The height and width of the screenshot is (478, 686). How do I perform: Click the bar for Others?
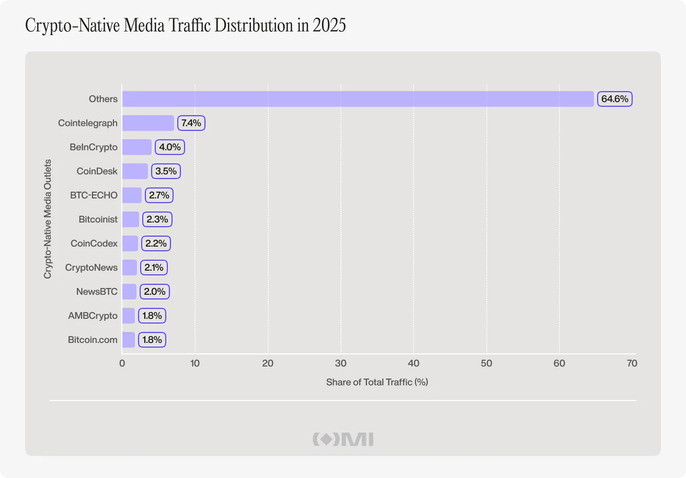(x=358, y=99)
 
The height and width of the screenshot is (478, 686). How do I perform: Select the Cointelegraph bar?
(x=148, y=123)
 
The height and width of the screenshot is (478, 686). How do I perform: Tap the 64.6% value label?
(x=615, y=99)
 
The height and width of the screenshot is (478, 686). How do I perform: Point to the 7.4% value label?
(x=191, y=123)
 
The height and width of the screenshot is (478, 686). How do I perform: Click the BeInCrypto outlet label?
(x=94, y=147)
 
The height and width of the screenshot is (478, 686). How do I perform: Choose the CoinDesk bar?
(x=135, y=171)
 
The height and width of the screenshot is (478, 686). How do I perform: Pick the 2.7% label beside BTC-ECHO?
(x=159, y=195)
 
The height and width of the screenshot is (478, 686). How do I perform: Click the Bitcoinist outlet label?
(x=98, y=219)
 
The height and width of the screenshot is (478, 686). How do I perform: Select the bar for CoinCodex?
(x=130, y=243)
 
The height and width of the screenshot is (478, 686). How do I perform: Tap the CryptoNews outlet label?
(x=92, y=268)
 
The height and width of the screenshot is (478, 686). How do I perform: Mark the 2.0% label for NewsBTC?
(x=155, y=292)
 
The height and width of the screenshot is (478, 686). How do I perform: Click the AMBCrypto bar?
(x=129, y=316)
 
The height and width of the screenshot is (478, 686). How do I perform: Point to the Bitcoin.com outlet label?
(x=93, y=340)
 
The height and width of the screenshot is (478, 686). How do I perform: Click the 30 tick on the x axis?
(x=341, y=363)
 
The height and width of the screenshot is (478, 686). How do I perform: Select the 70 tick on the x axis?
(x=632, y=363)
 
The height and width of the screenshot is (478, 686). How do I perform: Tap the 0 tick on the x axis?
(x=122, y=363)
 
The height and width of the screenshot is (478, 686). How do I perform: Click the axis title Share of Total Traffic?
(x=377, y=382)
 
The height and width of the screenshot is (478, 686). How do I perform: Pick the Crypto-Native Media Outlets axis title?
(x=48, y=219)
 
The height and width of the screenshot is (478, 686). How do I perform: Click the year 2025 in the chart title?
(x=329, y=25)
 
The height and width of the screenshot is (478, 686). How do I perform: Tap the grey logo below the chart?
(x=343, y=439)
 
